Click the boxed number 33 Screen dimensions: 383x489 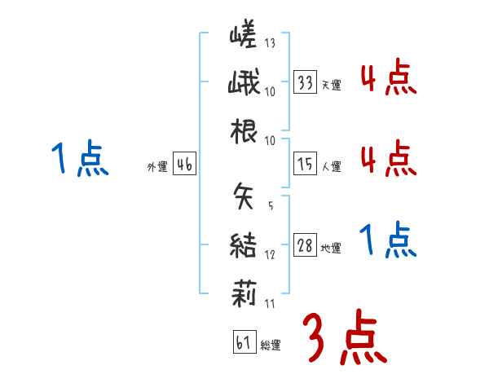(306, 82)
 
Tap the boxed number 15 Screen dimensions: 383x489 (306, 165)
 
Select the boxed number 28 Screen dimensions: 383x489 (306, 246)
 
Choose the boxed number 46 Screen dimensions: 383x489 (184, 165)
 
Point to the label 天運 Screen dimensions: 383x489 (331, 85)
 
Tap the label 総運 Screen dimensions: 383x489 (270, 346)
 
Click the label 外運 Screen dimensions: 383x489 (157, 167)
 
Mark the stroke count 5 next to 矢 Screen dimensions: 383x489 (270, 205)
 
